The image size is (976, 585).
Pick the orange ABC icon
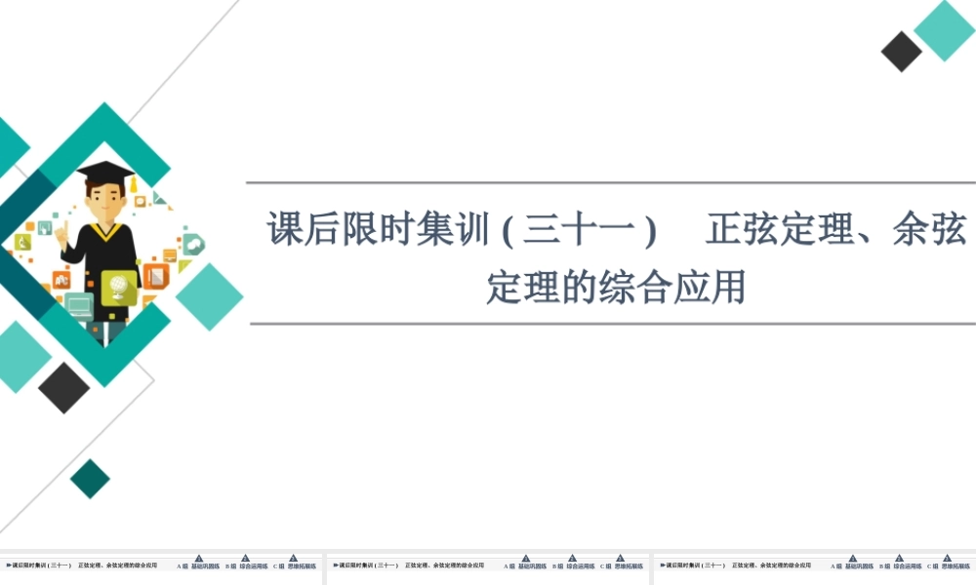(61, 280)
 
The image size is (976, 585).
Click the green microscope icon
(21, 242)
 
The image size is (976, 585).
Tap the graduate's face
(103, 200)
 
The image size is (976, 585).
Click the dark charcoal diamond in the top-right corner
(902, 52)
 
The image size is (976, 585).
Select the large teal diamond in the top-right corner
(944, 30)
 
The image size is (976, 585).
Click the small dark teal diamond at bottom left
(90, 479)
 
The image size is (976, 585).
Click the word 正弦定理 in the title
(771, 231)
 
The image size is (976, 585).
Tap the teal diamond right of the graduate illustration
(209, 296)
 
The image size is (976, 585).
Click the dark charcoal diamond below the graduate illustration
(64, 387)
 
